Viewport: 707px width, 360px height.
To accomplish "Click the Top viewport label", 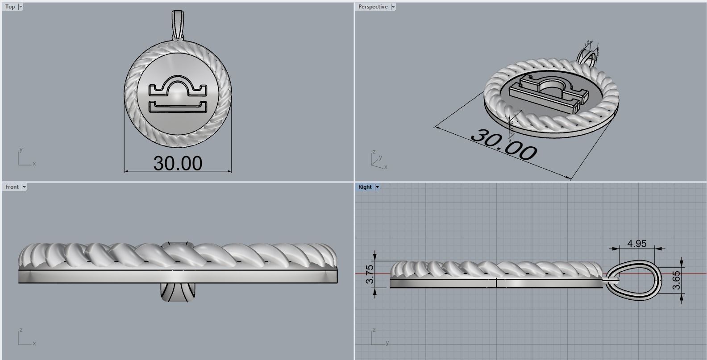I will [x=10, y=7].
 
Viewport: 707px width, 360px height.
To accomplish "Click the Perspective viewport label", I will [x=373, y=7].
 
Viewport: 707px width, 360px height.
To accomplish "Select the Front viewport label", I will [x=12, y=187].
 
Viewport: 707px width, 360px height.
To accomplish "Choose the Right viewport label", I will [x=365, y=187].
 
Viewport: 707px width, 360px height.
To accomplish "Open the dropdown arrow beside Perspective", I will [x=393, y=7].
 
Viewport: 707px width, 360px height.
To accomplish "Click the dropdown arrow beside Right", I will [x=377, y=187].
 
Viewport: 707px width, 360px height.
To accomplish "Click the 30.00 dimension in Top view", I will [x=178, y=163].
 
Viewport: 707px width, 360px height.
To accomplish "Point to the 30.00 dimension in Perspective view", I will [x=503, y=145].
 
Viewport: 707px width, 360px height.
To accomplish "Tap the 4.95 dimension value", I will [x=637, y=244].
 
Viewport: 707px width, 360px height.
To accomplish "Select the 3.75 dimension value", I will [x=370, y=274].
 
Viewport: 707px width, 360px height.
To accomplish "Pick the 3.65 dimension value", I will [x=676, y=280].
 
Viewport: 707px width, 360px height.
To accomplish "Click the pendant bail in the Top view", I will [x=178, y=25].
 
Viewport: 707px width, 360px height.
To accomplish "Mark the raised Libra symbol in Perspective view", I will [x=547, y=89].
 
